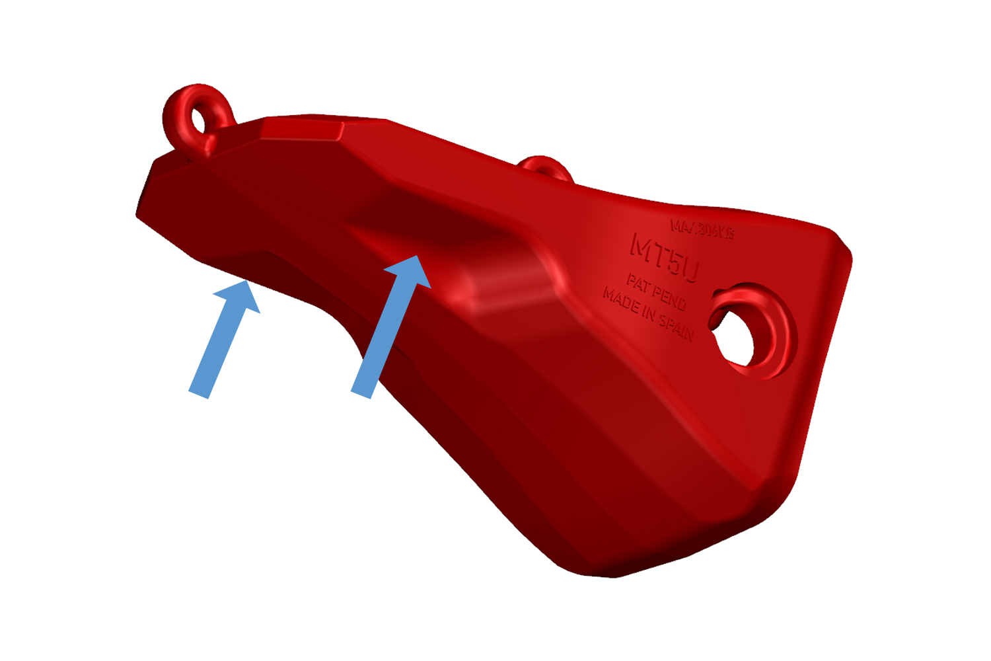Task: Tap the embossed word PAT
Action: (638, 284)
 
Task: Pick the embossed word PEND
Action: (671, 299)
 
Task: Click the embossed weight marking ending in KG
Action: (702, 229)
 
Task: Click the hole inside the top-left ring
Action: (198, 120)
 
